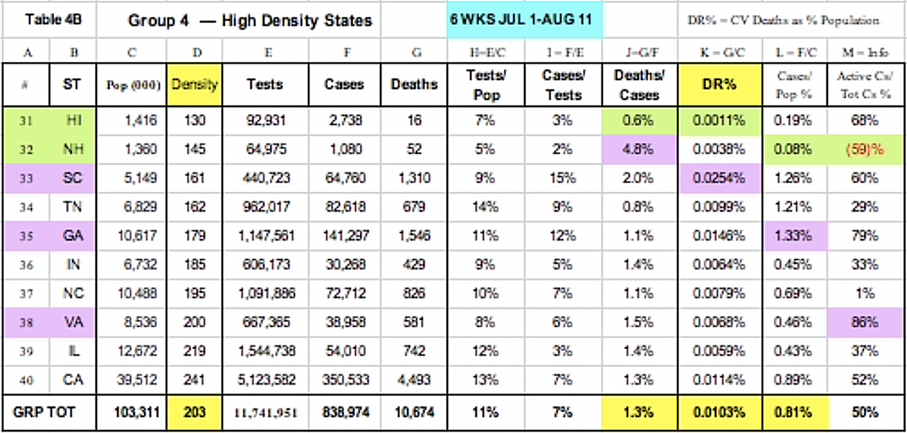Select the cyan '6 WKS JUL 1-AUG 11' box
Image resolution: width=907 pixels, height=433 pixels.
tap(526, 19)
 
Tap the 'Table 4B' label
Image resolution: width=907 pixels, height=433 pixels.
tap(49, 19)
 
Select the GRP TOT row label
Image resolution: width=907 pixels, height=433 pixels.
tap(49, 412)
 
